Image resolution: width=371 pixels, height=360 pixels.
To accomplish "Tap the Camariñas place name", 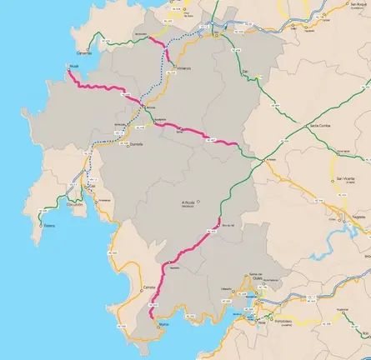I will coord(88,52).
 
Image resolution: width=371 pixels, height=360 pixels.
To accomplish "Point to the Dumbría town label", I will coord(138,144).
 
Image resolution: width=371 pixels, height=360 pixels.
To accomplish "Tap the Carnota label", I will coord(151,286).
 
